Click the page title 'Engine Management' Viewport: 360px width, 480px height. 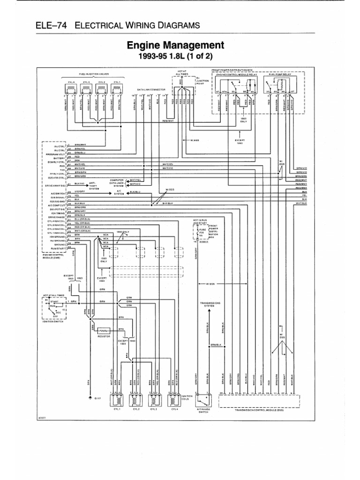coord(176,45)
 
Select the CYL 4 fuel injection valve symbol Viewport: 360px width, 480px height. coord(70,87)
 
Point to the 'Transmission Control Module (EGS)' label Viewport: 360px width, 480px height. coord(259,409)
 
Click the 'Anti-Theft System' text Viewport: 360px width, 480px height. coord(94,186)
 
